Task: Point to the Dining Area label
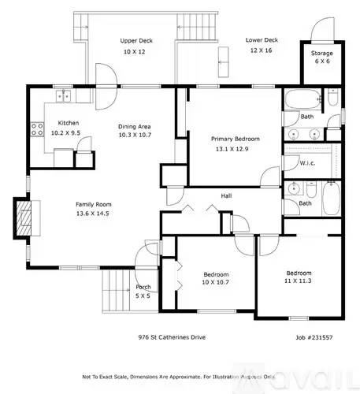click(134, 126)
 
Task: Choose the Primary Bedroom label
click(235, 139)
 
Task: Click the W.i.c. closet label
click(308, 163)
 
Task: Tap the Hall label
click(226, 195)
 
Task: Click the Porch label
click(143, 287)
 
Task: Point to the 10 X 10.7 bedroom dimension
click(200, 282)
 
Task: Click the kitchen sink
click(61, 97)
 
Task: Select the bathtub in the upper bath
click(303, 100)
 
